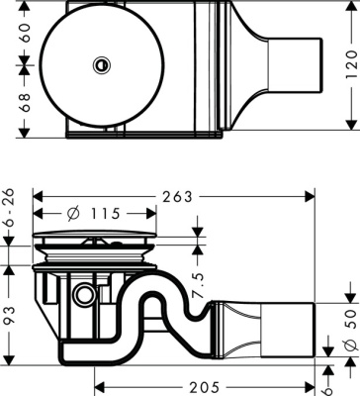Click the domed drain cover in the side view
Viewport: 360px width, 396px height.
[x=96, y=239]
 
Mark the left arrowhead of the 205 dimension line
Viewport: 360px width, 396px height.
[x=99, y=376]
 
